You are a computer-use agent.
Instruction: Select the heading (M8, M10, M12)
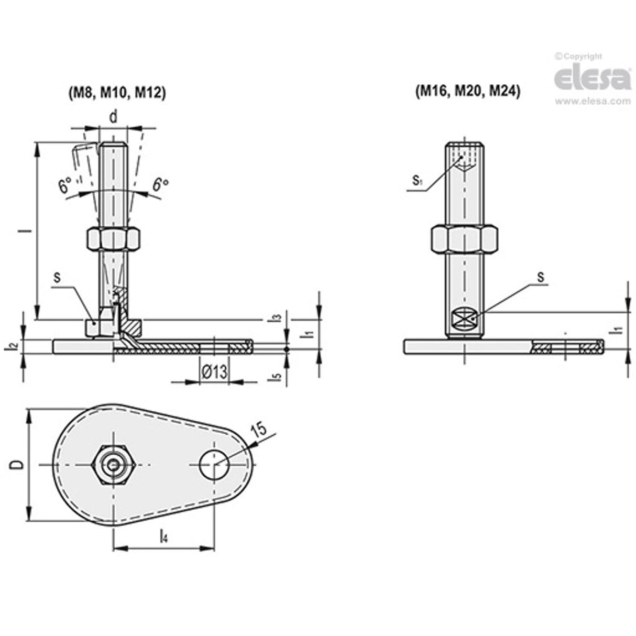pyautogui.click(x=117, y=92)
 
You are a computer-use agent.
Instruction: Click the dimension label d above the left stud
pyautogui.click(x=113, y=117)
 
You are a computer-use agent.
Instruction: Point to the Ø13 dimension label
pyautogui.click(x=214, y=372)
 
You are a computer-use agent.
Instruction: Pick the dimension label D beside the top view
pyautogui.click(x=17, y=464)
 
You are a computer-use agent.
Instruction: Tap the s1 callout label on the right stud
pyautogui.click(x=417, y=181)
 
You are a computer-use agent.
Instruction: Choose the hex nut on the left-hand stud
pyautogui.click(x=113, y=239)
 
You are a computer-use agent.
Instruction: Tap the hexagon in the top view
pyautogui.click(x=114, y=464)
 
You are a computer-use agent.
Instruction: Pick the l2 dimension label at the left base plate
pyautogui.click(x=14, y=346)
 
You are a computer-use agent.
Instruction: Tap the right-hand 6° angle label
pyautogui.click(x=160, y=184)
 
